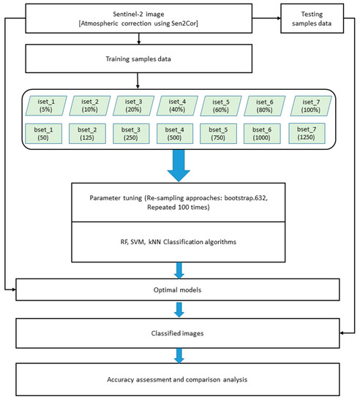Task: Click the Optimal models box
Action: (x=179, y=290)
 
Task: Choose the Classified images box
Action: (x=179, y=333)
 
